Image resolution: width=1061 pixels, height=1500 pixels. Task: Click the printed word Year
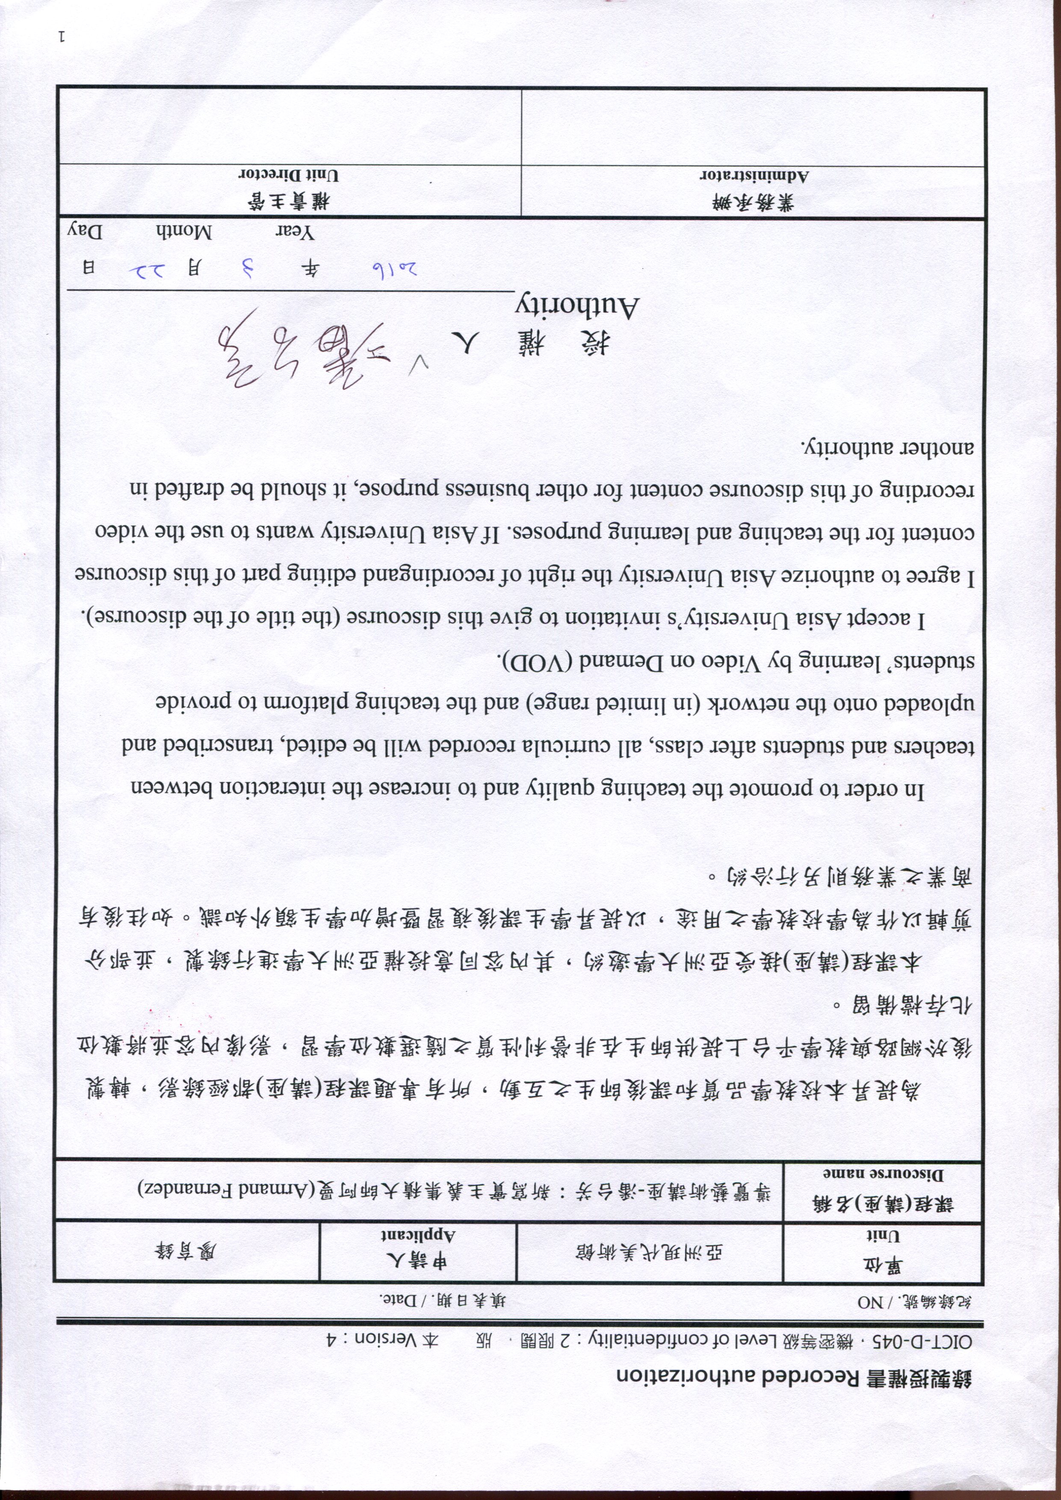295,233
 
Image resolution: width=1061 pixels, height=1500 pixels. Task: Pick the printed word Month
184,232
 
